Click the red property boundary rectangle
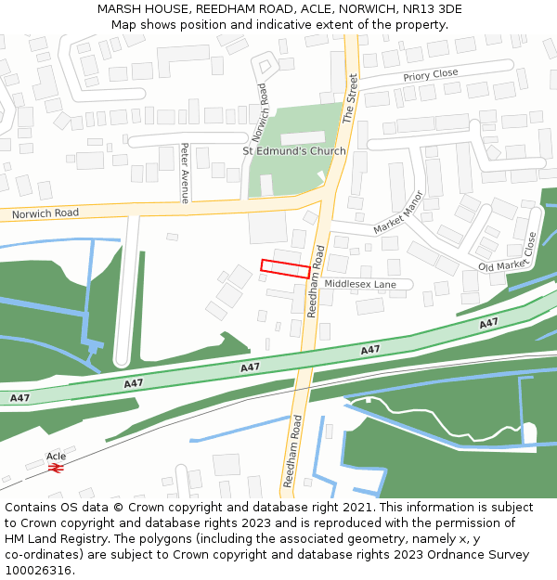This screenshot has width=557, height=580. point(285,268)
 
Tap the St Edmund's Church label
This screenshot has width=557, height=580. point(293,151)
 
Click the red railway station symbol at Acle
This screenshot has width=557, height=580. point(57,470)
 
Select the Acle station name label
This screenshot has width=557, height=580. point(57,457)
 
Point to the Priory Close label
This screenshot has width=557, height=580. point(431,74)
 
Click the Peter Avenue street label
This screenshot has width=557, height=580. point(185,173)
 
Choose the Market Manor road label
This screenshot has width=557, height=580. point(398,213)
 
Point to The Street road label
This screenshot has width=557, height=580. point(350,98)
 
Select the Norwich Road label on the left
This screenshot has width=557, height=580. point(45,214)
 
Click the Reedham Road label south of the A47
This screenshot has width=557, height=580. point(292,451)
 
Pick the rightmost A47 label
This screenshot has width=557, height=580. point(488,323)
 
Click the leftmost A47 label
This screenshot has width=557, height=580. point(19,397)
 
